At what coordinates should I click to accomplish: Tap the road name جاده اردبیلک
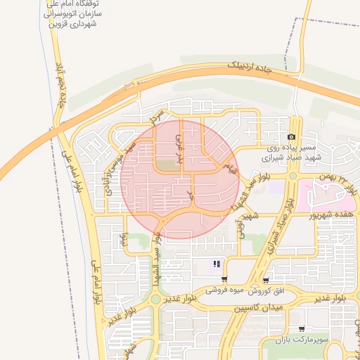[259, 68]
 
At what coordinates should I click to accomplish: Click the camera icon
[292, 136]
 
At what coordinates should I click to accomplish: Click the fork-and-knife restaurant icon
[217, 264]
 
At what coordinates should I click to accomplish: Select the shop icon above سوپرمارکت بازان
[302, 328]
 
